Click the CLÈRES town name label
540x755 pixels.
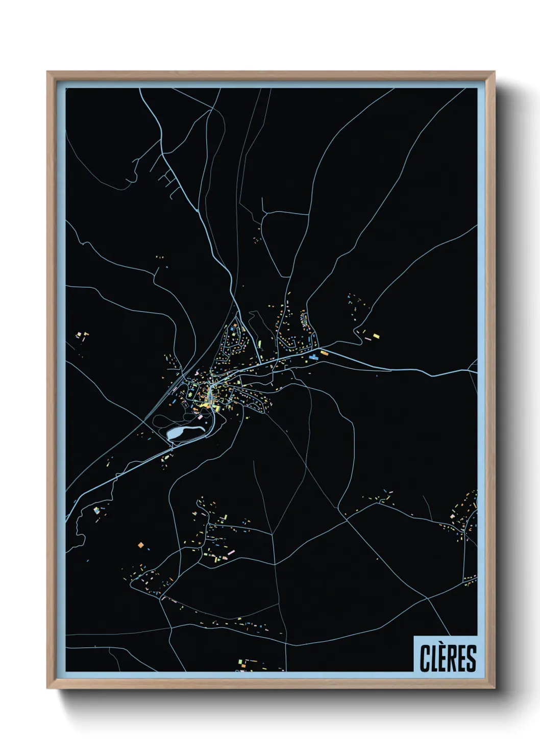point(448,658)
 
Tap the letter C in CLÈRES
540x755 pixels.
point(425,658)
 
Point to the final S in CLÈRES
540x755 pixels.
point(471,658)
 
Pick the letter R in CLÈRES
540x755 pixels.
point(452,658)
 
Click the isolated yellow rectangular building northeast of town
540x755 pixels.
point(376,336)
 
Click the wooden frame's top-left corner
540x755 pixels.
point(47,72)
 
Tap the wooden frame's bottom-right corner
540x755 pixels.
point(495,689)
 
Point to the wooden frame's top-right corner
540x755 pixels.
point(495,72)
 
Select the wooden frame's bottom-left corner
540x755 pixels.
point(47,689)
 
